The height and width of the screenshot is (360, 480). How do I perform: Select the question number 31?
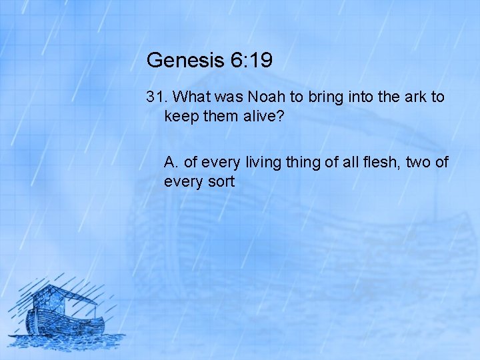pos(156,97)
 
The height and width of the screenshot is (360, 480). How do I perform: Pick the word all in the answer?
pos(345,161)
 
